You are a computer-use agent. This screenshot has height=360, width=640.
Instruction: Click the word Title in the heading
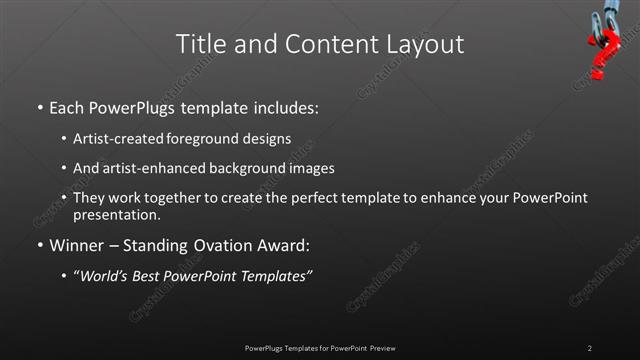[199, 44]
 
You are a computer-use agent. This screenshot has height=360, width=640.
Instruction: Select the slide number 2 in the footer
[590, 347]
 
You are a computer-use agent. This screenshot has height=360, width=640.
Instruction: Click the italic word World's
[105, 276]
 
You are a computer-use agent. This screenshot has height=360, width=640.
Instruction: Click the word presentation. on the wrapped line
[116, 214]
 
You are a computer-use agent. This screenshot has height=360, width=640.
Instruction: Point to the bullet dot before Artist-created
[64, 139]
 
